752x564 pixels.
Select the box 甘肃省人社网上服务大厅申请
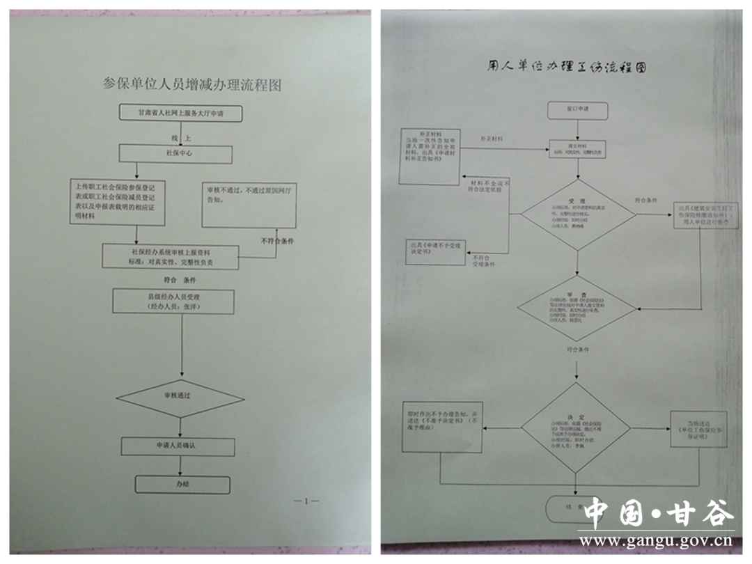tap(180, 112)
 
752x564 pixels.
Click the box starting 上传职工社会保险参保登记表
tap(119, 202)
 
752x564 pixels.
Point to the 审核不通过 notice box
tap(249, 205)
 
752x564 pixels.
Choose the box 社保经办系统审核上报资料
tap(171, 256)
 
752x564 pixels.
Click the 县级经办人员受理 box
tap(173, 301)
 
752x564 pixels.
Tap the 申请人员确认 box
tap(178, 446)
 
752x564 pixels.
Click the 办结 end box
tap(182, 485)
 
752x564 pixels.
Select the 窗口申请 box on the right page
tap(577, 110)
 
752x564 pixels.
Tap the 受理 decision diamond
tap(577, 215)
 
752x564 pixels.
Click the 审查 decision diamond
tap(577, 308)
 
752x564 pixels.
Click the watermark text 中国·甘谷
tap(658, 514)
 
